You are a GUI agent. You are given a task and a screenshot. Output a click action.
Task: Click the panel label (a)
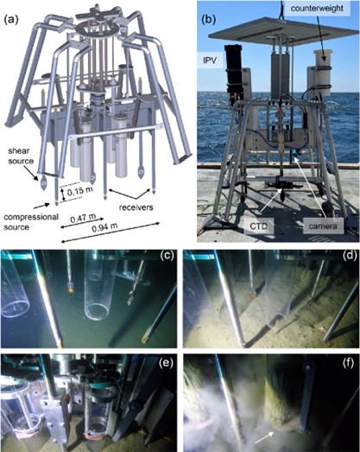coord(11,19)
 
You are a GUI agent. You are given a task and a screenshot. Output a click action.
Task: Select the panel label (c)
coord(167,256)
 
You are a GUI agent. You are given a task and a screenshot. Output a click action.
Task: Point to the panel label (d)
coord(349,256)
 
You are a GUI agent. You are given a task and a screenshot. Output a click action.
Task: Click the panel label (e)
coord(167,364)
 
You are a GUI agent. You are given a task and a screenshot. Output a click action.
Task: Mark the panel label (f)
coord(349,364)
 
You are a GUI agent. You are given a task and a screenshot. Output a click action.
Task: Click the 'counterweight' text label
coord(317,8)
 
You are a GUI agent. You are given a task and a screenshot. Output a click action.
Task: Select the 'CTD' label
coord(258,226)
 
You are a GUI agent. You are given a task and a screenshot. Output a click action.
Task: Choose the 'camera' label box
coord(323,226)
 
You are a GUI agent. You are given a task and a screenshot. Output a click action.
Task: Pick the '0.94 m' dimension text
coord(104,227)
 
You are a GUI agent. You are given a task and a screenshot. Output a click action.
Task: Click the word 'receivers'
coord(136,207)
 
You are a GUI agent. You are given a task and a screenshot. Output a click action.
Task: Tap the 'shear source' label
coord(21,156)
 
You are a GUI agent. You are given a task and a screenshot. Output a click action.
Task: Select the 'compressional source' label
coord(31,221)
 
